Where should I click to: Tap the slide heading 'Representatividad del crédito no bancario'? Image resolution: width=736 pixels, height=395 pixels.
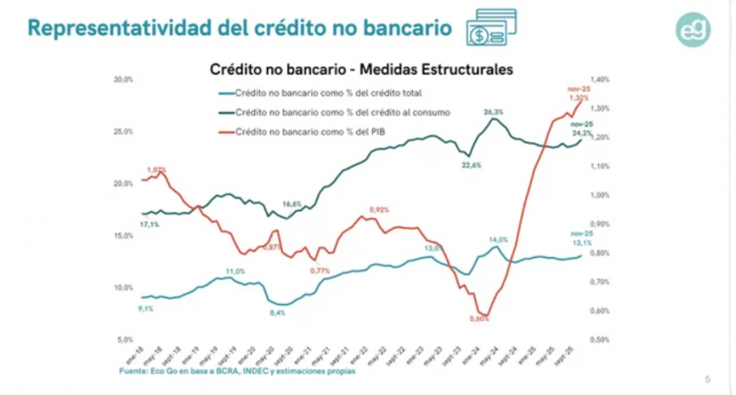[240, 27]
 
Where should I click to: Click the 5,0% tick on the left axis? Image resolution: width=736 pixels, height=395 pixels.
[125, 339]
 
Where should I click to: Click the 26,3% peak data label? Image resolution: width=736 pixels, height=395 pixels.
[493, 112]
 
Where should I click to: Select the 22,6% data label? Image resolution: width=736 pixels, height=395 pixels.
[472, 165]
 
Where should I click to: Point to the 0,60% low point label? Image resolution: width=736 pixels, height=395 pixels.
[479, 319]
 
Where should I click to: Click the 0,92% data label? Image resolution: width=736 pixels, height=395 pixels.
[379, 210]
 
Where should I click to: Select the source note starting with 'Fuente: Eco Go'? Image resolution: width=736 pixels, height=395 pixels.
[237, 372]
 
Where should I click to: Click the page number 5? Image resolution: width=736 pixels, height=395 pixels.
[707, 379]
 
